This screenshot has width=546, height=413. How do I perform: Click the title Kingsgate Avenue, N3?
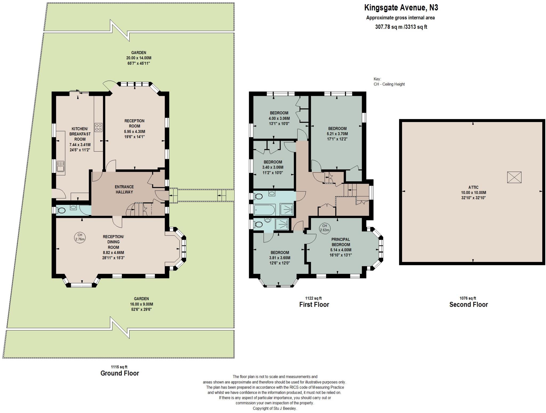(x=401, y=7)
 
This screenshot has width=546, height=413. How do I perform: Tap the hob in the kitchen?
(x=98, y=127)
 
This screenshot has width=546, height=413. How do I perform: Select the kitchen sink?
(x=61, y=166)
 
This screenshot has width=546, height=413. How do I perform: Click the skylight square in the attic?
(x=514, y=177)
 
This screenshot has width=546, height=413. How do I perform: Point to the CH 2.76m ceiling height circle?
(x=80, y=237)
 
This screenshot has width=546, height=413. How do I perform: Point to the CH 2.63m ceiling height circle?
(x=325, y=228)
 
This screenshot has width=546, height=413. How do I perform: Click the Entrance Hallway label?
(x=124, y=189)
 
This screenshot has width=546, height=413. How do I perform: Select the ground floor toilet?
(x=61, y=210)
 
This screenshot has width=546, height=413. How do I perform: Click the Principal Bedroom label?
(x=341, y=242)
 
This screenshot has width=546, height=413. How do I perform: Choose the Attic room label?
(x=473, y=187)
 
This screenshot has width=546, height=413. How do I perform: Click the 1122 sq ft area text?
(x=314, y=298)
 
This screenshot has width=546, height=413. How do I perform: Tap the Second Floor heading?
(x=468, y=305)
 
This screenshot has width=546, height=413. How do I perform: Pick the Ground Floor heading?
(x=120, y=373)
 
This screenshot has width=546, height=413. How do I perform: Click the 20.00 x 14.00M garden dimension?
(x=139, y=58)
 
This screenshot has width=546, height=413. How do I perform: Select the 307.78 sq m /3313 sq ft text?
(x=401, y=27)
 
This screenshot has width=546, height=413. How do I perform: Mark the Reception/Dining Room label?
(x=114, y=242)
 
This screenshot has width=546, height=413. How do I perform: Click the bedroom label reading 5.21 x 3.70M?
(x=337, y=134)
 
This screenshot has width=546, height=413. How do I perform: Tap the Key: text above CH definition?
(x=378, y=79)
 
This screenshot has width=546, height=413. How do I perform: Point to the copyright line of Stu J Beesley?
(x=275, y=408)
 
